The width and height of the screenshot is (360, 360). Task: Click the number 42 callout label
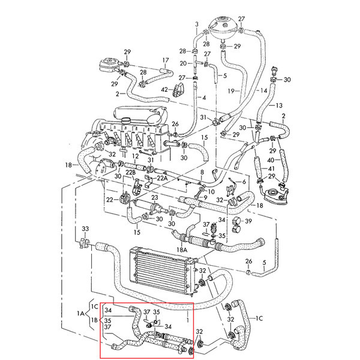(164, 89)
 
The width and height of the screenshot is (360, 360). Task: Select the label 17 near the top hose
(166, 61)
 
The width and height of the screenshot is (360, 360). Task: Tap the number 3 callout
(197, 24)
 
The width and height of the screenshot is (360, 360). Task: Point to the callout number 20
(183, 63)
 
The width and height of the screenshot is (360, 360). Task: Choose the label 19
(231, 91)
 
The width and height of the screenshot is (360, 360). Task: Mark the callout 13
(279, 106)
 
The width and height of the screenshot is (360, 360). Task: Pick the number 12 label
(136, 156)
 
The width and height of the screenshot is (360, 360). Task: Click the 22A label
(163, 178)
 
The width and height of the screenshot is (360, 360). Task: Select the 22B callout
(131, 172)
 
